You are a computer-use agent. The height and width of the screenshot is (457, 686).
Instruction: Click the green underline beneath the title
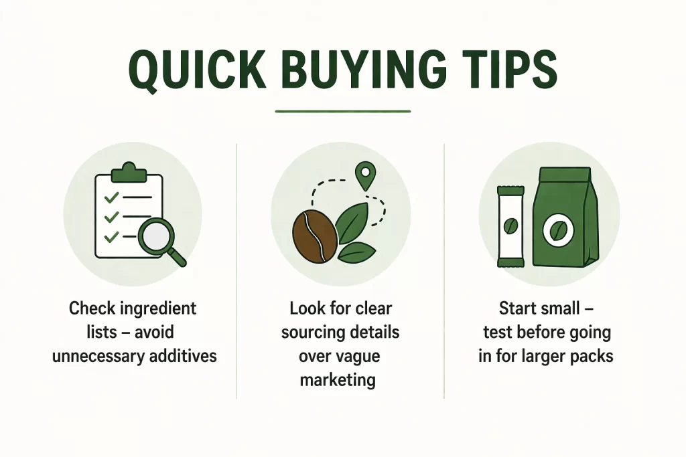[343, 111]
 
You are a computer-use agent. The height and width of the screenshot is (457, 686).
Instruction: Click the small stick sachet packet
[509, 225]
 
